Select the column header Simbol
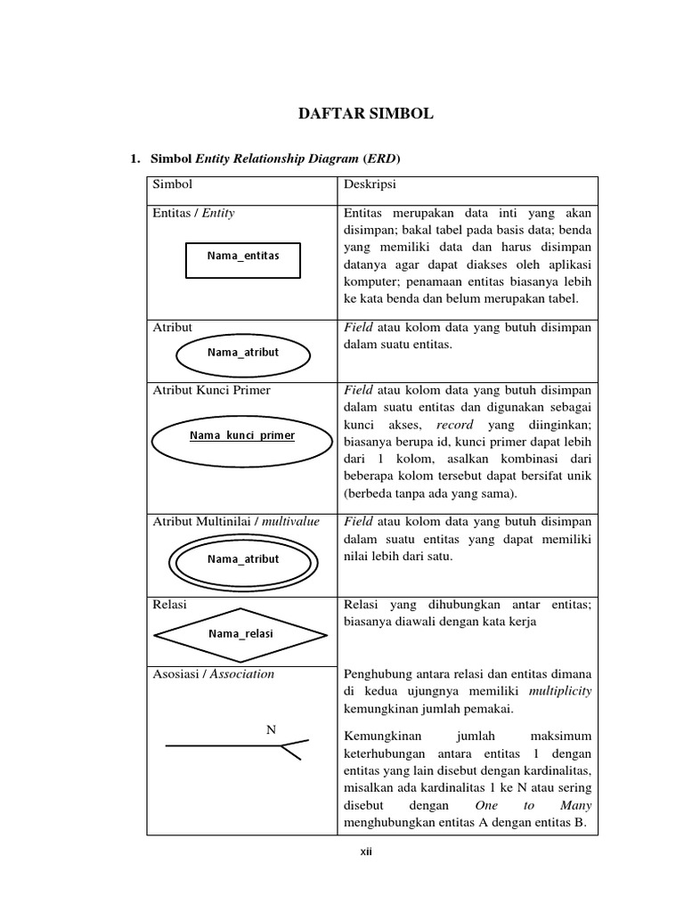click(x=172, y=184)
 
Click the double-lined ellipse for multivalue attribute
click(x=242, y=560)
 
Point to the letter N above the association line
click(x=272, y=729)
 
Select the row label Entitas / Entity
click(x=193, y=214)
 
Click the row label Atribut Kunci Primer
click(x=211, y=390)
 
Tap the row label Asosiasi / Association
click(x=213, y=674)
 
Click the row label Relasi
click(x=170, y=604)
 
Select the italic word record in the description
click(x=455, y=426)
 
